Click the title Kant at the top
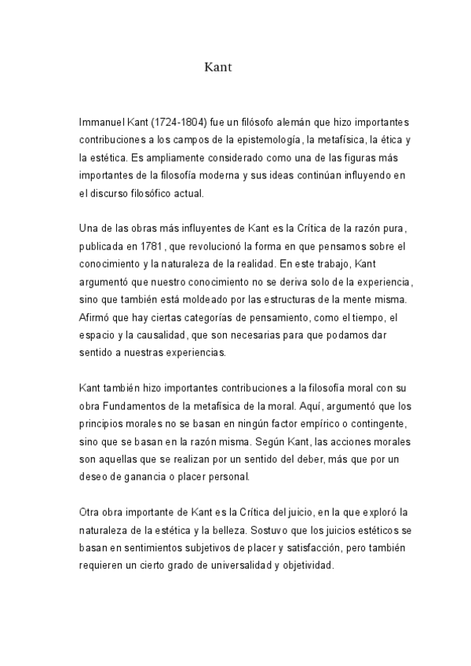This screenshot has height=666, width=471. point(217,68)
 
